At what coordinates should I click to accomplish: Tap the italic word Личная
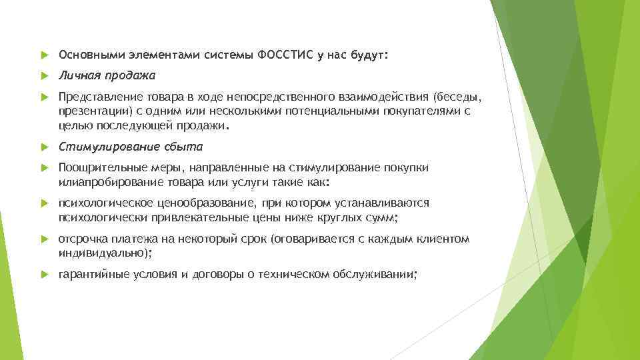76,75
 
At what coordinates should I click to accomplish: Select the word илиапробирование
104,181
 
